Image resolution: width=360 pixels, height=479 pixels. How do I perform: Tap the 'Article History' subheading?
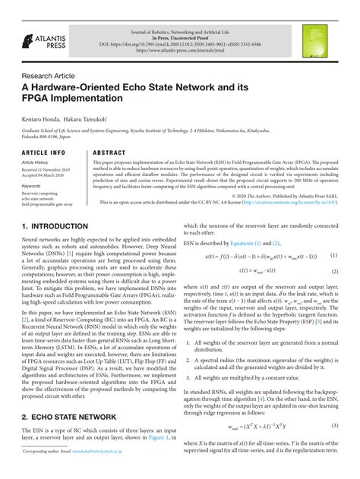(x=36, y=162)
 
